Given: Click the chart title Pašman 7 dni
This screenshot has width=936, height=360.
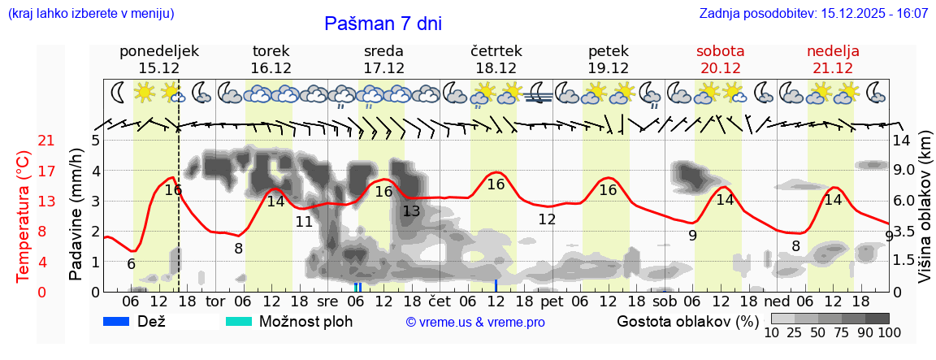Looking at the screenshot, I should click(x=383, y=24).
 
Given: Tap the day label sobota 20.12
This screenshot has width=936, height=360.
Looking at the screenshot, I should click(x=720, y=59).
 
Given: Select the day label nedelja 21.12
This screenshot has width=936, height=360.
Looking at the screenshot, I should click(x=833, y=59).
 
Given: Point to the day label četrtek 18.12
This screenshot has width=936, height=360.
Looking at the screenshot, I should click(x=496, y=59).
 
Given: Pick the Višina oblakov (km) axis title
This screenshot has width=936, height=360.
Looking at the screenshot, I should click(x=925, y=215).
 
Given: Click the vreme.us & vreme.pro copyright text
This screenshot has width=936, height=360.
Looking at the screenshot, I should click(x=475, y=322).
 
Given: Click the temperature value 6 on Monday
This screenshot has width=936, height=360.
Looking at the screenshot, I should click(x=132, y=264).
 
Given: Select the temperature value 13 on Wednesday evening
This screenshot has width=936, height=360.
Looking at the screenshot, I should click(x=411, y=211).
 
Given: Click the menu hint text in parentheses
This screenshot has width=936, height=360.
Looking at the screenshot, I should click(x=90, y=14).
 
